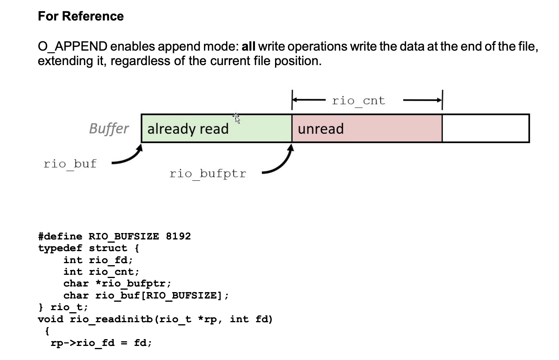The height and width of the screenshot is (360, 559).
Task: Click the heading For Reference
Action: pos(81,16)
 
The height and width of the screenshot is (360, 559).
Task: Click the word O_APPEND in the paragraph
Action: pos(72,47)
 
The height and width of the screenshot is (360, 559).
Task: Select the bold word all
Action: pos(248,47)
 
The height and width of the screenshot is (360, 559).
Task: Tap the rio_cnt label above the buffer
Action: pos(358,100)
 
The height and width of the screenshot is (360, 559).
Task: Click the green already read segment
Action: pos(216,129)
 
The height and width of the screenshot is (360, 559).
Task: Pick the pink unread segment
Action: pos(367,129)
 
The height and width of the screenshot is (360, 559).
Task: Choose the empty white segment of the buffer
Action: pos(486,129)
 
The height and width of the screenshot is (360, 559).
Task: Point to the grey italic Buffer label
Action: pos(109,129)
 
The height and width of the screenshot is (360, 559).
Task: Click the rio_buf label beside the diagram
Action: pos(70,164)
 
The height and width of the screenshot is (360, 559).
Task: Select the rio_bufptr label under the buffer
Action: pos(208,174)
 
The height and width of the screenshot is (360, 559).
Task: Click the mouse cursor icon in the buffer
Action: pos(236,118)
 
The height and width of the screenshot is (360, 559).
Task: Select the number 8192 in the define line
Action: pos(178,236)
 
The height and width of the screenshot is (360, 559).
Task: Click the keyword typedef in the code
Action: pos(60,248)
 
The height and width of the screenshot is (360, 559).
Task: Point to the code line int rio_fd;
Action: pos(98,260)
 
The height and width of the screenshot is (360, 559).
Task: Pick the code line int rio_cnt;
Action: pos(101,272)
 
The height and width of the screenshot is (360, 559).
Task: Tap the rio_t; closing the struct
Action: pos(69,307)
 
